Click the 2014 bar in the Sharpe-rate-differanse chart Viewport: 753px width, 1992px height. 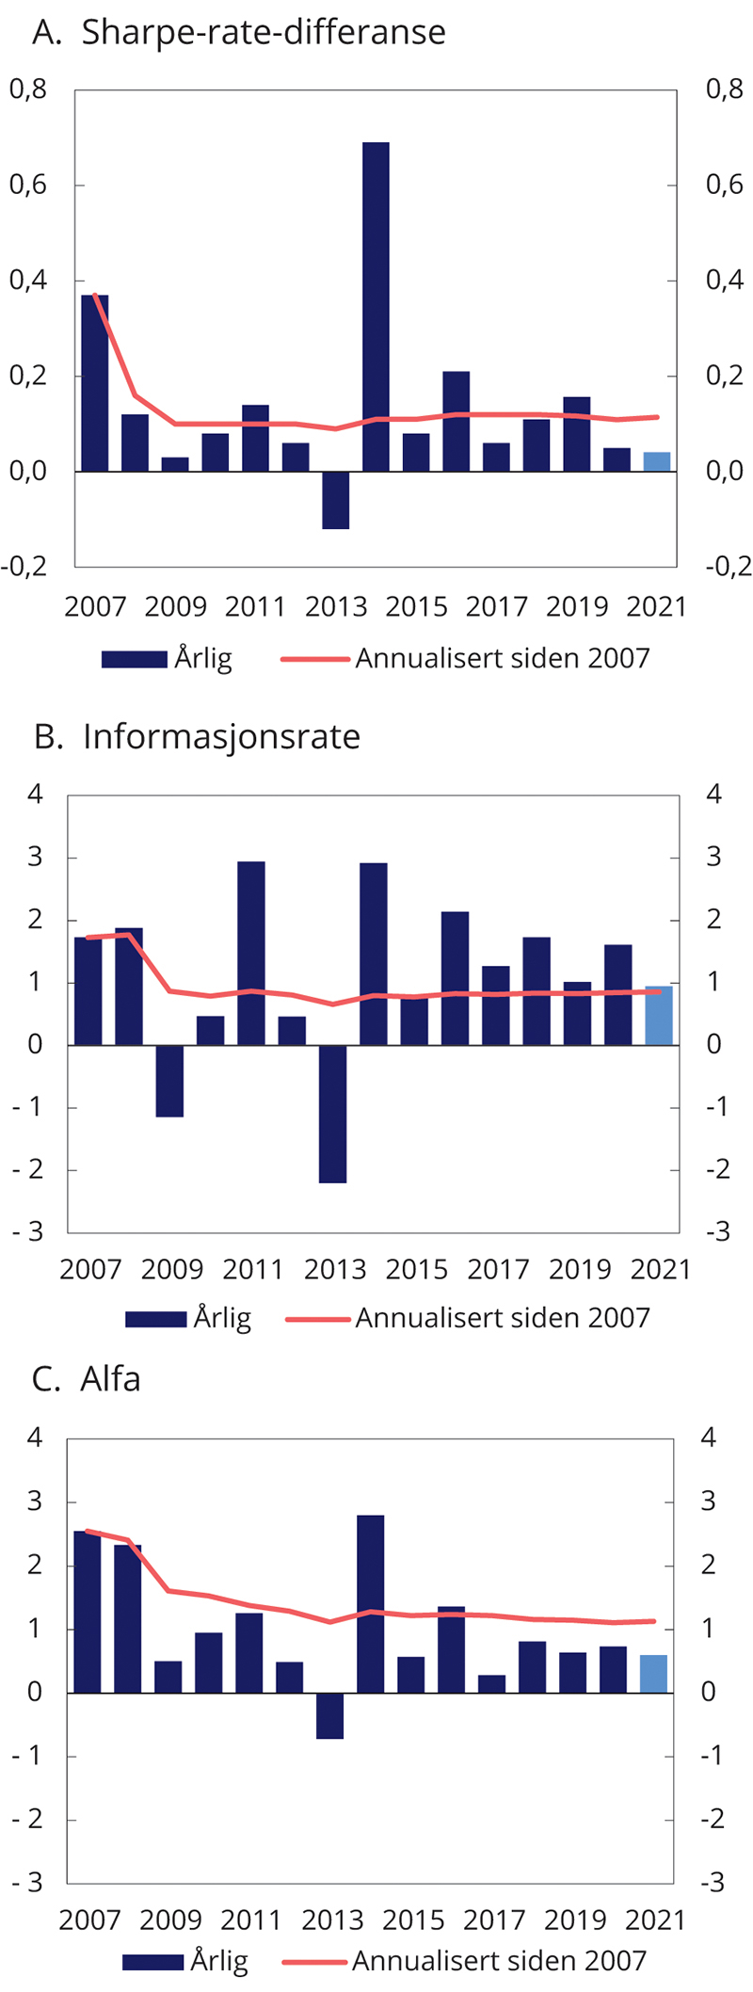[x=376, y=306]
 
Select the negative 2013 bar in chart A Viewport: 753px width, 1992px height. [x=335, y=500]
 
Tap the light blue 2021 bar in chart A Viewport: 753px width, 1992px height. [x=657, y=462]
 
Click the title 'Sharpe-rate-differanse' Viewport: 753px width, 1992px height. [x=264, y=32]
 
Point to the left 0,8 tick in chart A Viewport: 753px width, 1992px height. [x=28, y=89]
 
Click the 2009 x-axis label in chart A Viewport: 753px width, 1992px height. [x=175, y=606]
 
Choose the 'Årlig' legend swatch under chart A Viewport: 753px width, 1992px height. [x=134, y=659]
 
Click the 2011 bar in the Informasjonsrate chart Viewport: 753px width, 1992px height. [x=251, y=953]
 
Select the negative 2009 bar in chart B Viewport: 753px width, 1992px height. [x=169, y=1081]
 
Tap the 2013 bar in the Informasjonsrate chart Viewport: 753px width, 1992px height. [x=332, y=1114]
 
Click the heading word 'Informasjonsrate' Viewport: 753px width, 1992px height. [x=221, y=736]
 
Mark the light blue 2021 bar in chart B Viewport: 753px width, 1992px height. [x=659, y=1016]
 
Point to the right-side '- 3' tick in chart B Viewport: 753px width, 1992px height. [x=714, y=1232]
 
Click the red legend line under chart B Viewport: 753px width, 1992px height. [x=317, y=1319]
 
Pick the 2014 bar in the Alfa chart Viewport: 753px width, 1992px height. [x=371, y=1603]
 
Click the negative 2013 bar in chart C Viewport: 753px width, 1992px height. [x=330, y=1715]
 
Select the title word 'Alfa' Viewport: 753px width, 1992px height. [x=110, y=1379]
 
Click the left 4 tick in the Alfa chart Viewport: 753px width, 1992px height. [x=36, y=1438]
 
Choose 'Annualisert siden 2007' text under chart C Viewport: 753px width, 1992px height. [x=499, y=1961]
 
